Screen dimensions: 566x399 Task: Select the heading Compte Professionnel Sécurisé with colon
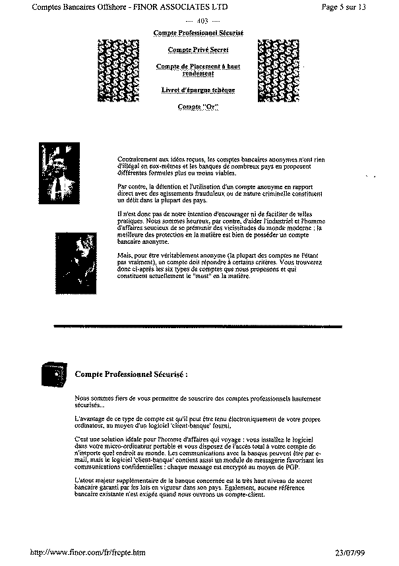tap(131, 373)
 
